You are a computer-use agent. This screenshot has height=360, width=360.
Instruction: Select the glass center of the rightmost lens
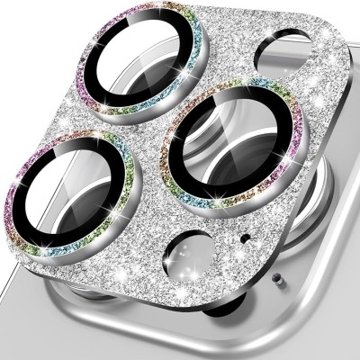225,140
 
